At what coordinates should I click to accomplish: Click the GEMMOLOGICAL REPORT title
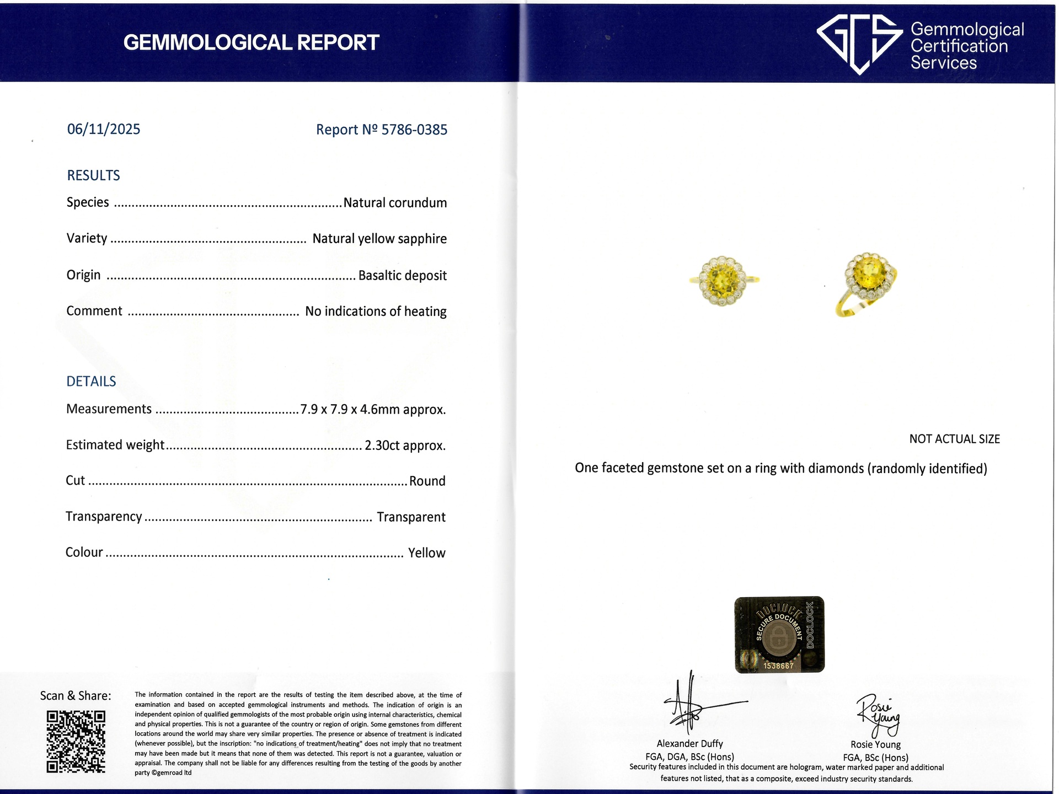(x=251, y=42)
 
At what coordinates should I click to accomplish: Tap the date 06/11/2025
(x=104, y=129)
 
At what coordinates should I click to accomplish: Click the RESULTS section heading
(x=93, y=175)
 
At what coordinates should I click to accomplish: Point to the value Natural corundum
(x=395, y=203)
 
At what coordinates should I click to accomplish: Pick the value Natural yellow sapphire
(x=379, y=239)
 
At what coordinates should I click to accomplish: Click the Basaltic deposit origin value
(x=402, y=275)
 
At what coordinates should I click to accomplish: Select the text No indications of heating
(x=376, y=312)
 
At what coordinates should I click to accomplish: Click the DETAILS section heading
(x=91, y=382)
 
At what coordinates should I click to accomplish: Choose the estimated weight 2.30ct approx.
(x=405, y=446)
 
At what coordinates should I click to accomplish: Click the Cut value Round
(x=427, y=481)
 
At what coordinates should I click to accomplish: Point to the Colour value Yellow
(x=426, y=553)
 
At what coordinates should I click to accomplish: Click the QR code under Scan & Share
(x=76, y=742)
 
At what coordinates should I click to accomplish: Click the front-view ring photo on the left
(x=723, y=281)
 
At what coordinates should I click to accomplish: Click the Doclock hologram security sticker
(x=779, y=635)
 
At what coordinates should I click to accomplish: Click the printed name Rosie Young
(x=875, y=744)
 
